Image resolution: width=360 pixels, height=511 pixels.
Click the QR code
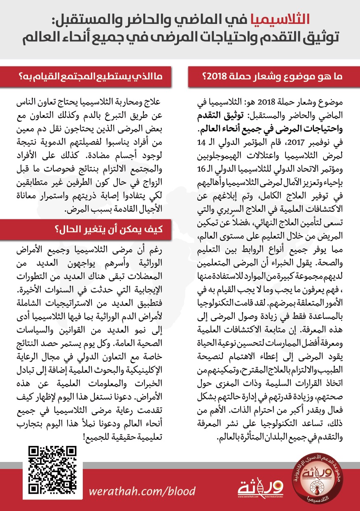(x=53, y=470)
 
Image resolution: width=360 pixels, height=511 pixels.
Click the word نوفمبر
(x=318, y=144)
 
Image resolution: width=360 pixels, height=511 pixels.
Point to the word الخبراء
(x=276, y=262)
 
